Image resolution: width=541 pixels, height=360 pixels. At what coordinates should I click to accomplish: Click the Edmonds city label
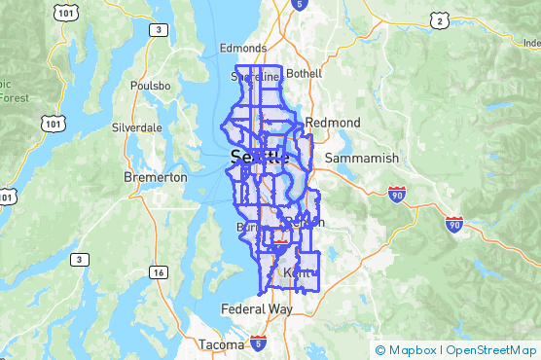coord(241,48)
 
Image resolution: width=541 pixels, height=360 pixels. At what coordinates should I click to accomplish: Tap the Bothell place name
coord(304,73)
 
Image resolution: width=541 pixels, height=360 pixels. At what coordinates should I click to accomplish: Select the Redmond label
coord(332,123)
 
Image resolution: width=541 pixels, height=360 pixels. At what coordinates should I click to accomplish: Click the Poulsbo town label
coord(150,86)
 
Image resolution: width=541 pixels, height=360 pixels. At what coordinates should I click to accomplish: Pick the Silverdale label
coord(137,127)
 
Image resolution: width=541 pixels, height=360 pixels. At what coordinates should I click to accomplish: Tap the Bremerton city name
coord(156,177)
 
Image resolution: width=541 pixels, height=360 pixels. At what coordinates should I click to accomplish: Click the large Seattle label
coord(259,157)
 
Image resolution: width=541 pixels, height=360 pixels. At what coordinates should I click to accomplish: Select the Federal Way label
coord(257,309)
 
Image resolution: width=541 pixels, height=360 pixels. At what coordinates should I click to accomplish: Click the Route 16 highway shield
coord(158,273)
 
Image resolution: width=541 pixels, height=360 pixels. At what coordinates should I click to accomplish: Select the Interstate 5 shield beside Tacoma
coord(258,342)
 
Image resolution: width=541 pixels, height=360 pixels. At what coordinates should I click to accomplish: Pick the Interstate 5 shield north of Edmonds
coord(298,5)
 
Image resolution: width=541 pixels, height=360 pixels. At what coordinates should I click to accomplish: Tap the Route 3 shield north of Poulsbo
coord(158,31)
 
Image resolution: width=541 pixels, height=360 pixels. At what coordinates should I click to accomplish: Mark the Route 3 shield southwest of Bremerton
coord(78,260)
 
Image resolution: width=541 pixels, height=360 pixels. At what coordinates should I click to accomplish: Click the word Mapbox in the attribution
coord(412,350)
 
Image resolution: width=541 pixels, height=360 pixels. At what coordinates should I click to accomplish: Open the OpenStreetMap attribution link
coord(491,350)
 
